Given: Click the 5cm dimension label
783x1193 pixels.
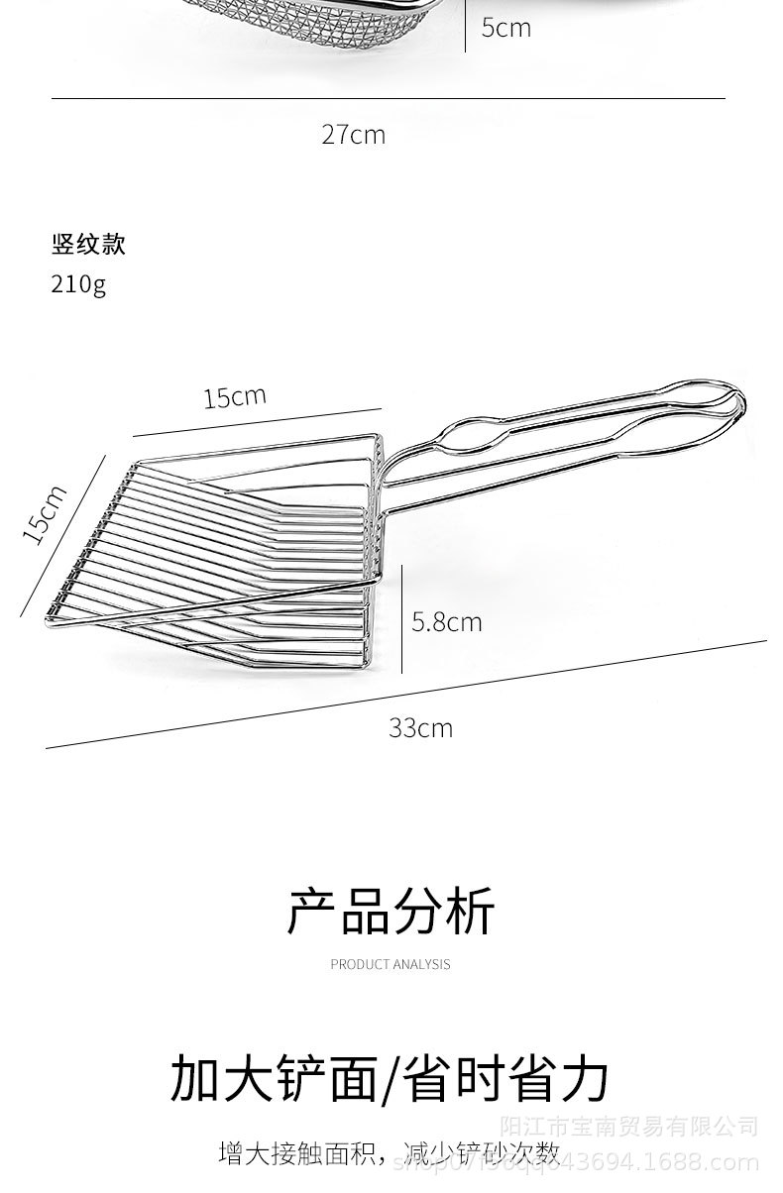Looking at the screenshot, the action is (505, 27).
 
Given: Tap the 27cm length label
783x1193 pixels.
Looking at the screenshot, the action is (353, 135).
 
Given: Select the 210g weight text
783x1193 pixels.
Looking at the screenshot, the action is (78, 284).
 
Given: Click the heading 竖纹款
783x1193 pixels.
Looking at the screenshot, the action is (88, 244).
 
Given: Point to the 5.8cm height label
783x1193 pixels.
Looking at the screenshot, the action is (446, 622).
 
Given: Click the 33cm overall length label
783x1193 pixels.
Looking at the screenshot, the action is (420, 728).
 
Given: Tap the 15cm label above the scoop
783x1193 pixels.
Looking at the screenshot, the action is (235, 397).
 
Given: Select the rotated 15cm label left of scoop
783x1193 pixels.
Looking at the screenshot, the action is (45, 513).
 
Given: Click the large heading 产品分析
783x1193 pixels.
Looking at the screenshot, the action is (391, 912).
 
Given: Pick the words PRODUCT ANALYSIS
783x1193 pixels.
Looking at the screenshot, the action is (391, 963).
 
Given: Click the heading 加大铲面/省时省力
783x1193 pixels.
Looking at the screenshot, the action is (390, 1079).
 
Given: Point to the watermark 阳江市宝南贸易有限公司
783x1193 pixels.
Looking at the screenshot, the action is (628, 1127).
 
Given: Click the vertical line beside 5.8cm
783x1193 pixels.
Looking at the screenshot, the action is (402, 619).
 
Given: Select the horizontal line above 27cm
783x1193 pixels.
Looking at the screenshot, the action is (388, 99).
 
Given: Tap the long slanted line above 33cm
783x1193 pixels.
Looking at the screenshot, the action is (406, 694).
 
